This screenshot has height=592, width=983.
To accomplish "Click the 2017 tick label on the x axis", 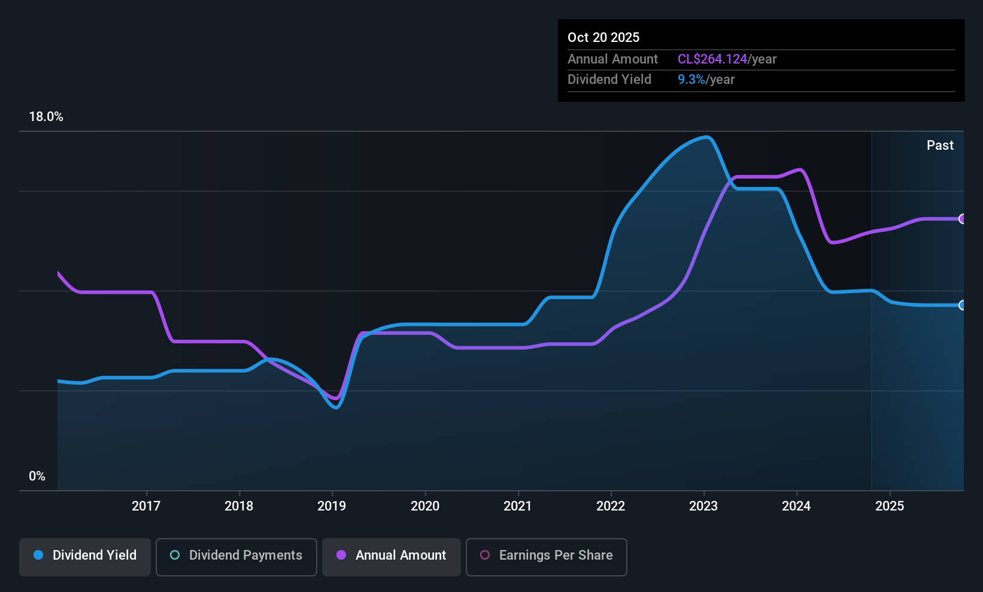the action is coord(146,506).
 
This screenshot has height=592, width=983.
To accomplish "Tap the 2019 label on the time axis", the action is coord(332,506).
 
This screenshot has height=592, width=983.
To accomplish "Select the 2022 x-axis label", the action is coord(611,506).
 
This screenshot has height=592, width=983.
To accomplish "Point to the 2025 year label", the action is coord(890,506).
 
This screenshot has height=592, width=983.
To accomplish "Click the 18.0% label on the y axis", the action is coord(46,117).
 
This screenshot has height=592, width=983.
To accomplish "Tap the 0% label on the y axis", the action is coord(37,476).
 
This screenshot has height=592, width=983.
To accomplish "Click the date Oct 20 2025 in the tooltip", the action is coord(603,37).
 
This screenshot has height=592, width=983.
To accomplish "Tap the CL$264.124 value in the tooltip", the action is coord(712,59).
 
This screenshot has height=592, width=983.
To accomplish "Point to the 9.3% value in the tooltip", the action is coord(691,80).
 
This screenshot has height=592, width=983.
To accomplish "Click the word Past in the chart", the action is coord(940,146).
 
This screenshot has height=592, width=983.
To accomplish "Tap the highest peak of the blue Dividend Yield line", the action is coord(706,137).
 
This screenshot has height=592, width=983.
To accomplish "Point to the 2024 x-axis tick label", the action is coord(796,506).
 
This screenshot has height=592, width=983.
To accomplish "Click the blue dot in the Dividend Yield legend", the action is coord(39,555).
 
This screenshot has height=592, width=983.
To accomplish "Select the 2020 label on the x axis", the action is coord(425,506).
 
